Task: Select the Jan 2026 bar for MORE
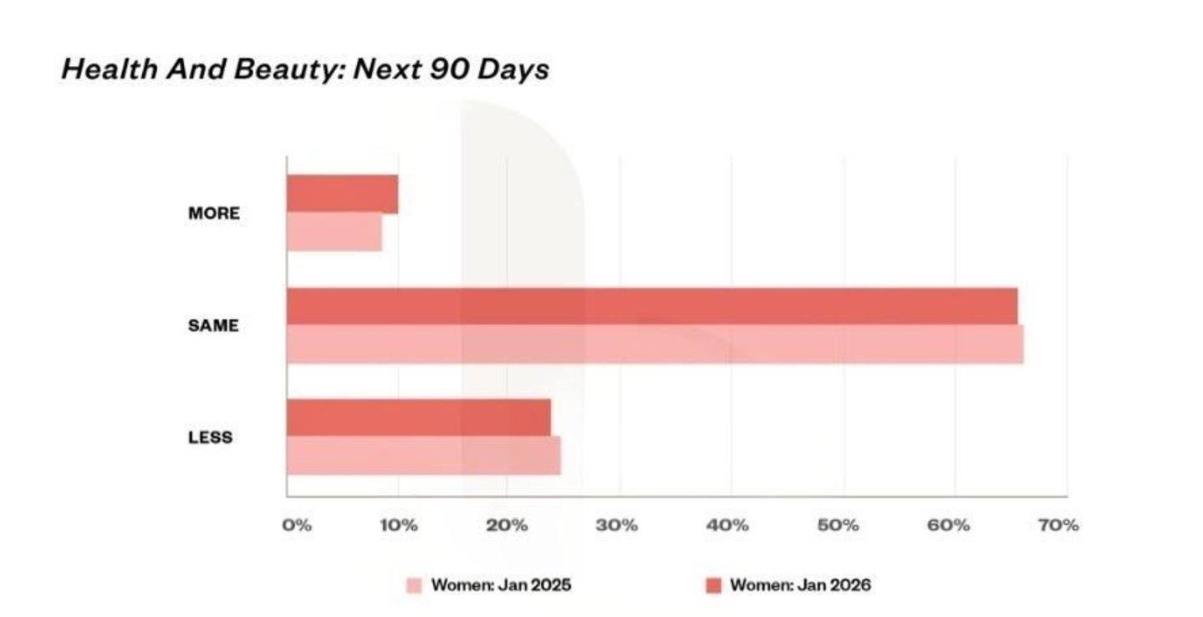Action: pyautogui.click(x=343, y=194)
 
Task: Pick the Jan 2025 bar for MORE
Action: pyautogui.click(x=334, y=232)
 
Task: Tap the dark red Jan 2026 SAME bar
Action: pyautogui.click(x=652, y=307)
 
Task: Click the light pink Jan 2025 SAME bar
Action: pyautogui.click(x=655, y=344)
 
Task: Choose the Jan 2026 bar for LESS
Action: pyautogui.click(x=419, y=418)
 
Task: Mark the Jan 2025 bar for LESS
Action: pyautogui.click(x=424, y=456)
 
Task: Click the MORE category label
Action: pyautogui.click(x=214, y=213)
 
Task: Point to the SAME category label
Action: pyautogui.click(x=213, y=325)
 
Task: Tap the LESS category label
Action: pyautogui.click(x=210, y=437)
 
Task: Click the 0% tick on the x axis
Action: pyautogui.click(x=297, y=525)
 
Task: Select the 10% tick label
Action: pyautogui.click(x=399, y=525)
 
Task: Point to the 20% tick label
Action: pyautogui.click(x=507, y=525)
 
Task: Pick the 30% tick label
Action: pyautogui.click(x=617, y=525)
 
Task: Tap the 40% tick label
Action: pyautogui.click(x=727, y=525)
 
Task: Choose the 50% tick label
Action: pyautogui.click(x=839, y=525)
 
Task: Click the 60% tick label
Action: pyautogui.click(x=949, y=525)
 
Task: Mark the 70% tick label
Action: pyautogui.click(x=1058, y=525)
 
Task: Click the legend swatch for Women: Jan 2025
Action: pyautogui.click(x=414, y=585)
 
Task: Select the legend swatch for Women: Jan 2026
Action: pyautogui.click(x=714, y=585)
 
